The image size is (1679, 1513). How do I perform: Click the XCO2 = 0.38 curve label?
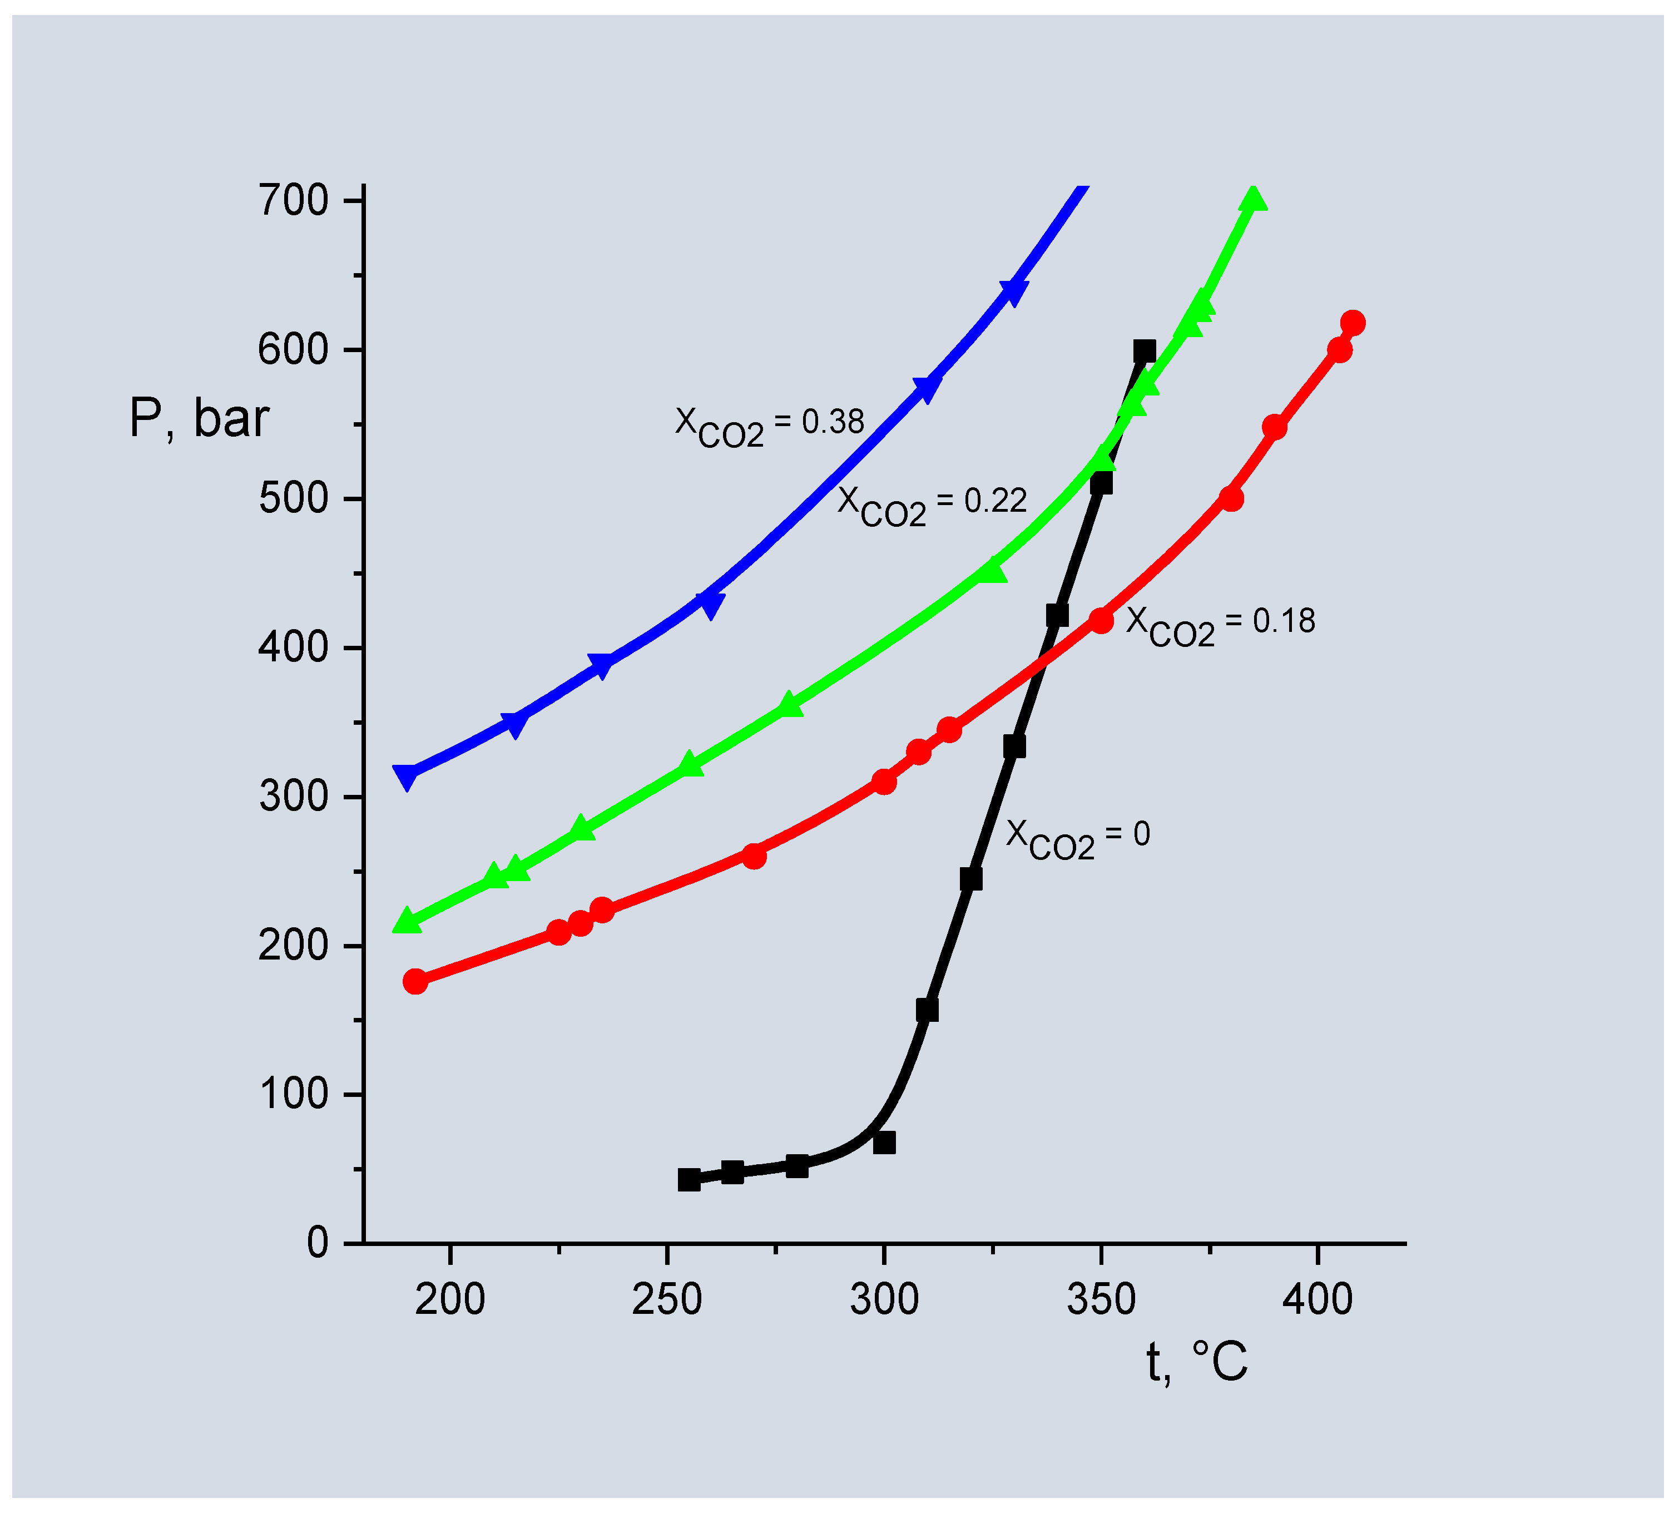(x=769, y=426)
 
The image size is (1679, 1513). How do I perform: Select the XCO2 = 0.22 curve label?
(x=931, y=504)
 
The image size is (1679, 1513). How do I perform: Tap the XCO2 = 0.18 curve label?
(x=1220, y=625)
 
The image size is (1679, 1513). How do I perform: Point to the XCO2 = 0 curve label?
(x=1077, y=838)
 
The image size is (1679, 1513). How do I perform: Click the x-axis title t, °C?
(x=1196, y=1362)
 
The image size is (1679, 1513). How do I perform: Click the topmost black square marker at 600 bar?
(x=1145, y=351)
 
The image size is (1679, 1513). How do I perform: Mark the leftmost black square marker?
(x=689, y=1180)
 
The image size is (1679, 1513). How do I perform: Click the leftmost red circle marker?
(x=415, y=982)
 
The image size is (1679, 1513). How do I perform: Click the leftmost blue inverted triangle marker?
(x=407, y=777)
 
